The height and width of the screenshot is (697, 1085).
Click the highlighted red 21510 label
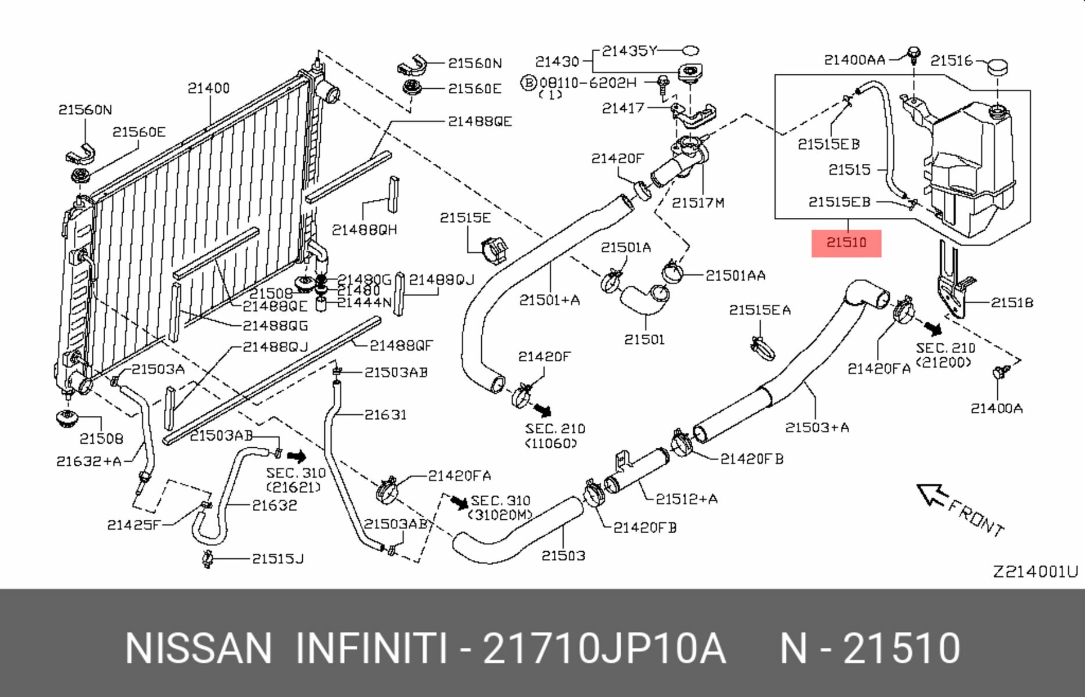coord(846,243)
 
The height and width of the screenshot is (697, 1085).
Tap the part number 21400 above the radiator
coord(209,88)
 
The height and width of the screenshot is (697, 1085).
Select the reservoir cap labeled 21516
coord(997,67)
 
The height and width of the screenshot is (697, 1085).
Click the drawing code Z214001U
coord(1034,572)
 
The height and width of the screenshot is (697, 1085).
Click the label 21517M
coord(697,203)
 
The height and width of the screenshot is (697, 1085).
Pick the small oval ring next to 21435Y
coord(690,51)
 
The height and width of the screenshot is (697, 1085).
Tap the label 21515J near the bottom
coord(277,559)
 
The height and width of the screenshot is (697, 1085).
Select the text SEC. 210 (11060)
coord(554,436)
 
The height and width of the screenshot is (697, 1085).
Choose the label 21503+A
coord(817,427)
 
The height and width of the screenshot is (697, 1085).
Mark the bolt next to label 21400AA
coord(914,54)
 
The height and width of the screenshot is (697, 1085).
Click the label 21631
coord(385,415)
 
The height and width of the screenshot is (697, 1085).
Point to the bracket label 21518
coord(1012,303)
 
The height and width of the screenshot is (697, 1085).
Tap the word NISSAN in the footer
coord(198,648)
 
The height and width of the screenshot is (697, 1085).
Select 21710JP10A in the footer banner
coord(604,648)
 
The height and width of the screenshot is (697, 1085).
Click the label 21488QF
coord(401,346)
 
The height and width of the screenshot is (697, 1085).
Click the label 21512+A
coord(686,499)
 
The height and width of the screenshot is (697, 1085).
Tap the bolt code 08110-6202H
coord(588,83)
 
